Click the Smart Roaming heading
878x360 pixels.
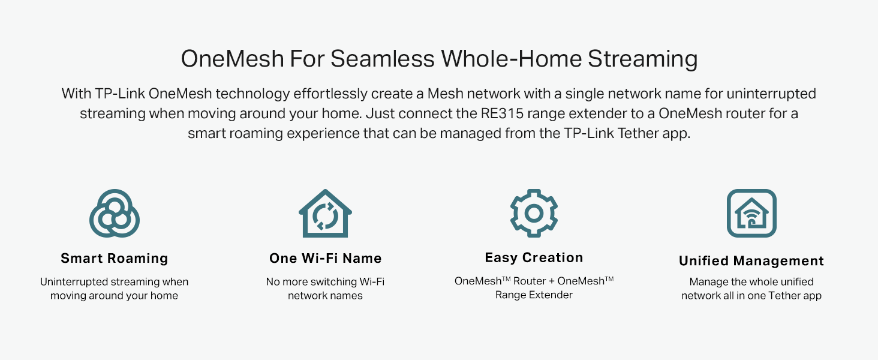(115, 259)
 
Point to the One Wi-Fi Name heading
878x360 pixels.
(325, 259)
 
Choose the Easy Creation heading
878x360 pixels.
(534, 257)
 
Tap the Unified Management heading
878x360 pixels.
(751, 261)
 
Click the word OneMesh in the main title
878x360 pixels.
(232, 59)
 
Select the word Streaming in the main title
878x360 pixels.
(642, 59)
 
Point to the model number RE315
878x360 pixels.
(502, 114)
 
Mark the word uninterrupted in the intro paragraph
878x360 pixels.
(771, 94)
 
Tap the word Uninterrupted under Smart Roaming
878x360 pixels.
(74, 282)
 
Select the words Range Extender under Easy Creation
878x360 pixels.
(534, 295)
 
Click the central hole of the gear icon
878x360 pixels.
(534, 214)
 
